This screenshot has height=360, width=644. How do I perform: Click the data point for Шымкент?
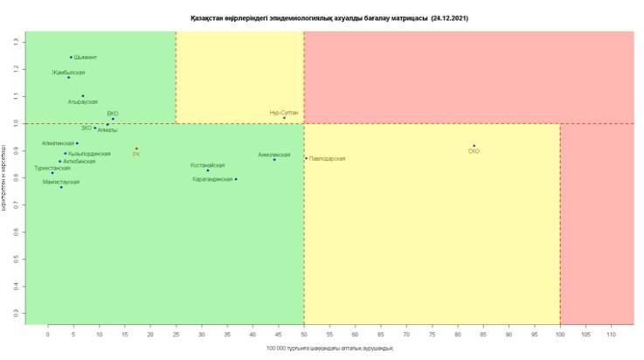pos(71,58)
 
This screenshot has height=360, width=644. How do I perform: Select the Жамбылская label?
pos(68,72)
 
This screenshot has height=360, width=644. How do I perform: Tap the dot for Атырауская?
pos(83,96)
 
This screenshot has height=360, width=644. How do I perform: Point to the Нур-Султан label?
pos(284,112)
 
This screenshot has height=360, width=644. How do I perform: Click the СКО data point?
pos(474,146)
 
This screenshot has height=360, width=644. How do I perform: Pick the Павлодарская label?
pos(327,158)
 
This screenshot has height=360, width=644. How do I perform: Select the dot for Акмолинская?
pos(274,159)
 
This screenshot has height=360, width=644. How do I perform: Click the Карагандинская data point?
pos(236,179)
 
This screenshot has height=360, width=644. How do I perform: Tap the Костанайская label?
pos(208,164)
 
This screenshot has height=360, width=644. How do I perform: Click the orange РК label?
pos(136,154)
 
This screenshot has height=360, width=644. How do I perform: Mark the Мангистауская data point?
pos(61,187)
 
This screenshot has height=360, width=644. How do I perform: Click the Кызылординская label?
pos(87,154)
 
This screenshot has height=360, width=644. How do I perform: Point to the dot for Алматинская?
pos(77,143)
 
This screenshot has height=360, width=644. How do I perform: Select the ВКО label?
pos(113,114)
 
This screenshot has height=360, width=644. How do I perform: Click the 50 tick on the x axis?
pos(304,333)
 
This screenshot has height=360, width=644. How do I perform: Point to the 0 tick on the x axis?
pos(48,333)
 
